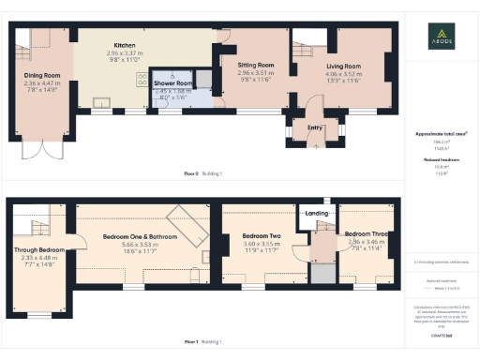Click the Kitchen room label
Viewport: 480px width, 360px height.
(x=126, y=45)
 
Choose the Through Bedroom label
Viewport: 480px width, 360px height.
(x=39, y=250)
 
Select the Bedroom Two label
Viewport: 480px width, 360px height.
(x=262, y=235)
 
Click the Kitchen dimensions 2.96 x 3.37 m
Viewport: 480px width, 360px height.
(x=126, y=53)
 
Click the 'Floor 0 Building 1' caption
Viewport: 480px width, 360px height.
(x=203, y=173)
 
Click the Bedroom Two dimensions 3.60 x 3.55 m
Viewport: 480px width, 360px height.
(x=262, y=243)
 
